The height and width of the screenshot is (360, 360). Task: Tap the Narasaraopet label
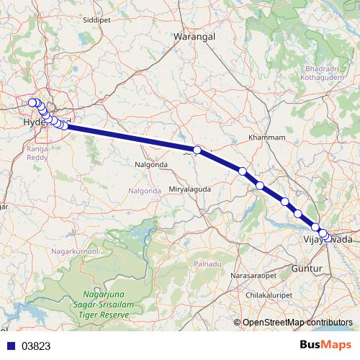pyautogui.click(x=253, y=276)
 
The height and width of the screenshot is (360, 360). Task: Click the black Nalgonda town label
pyautogui.click(x=151, y=164)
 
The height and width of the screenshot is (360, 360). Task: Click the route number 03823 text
pyautogui.click(x=36, y=346)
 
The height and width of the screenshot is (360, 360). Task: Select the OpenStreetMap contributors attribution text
pyautogui.click(x=297, y=323)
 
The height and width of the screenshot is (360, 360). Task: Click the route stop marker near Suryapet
pyautogui.click(x=197, y=150)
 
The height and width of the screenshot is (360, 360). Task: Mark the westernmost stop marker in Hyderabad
pyautogui.click(x=32, y=103)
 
